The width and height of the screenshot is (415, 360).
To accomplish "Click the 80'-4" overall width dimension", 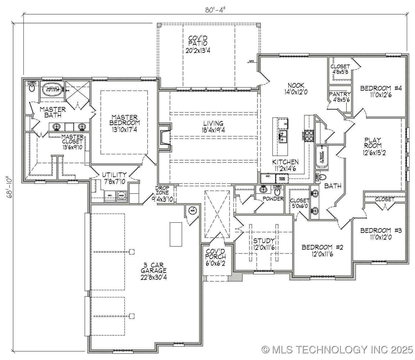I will coord(216,10).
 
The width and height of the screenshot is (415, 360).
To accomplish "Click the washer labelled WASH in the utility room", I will coord(121,195).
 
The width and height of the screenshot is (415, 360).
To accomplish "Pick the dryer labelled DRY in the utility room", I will coord(110,195).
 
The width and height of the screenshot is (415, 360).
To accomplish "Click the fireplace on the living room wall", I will coord(165,137).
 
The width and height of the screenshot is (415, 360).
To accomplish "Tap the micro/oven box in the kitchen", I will coord(282,179).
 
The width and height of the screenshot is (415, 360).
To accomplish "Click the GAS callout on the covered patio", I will coord(251,61).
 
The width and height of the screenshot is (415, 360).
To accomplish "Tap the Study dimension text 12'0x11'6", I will coord(264,247).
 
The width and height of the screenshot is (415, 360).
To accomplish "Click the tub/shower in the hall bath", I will coord(322,157).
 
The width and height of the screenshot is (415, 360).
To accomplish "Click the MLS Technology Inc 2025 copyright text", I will coord(337,349).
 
